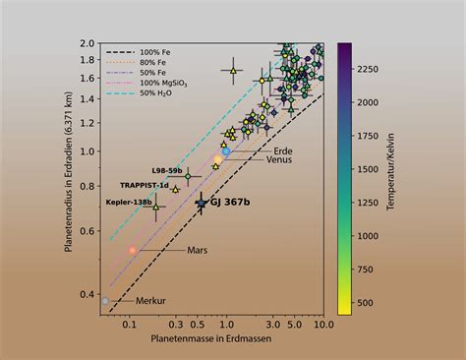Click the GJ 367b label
coord(230,202)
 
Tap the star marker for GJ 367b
coord(202,202)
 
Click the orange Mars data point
coord(133,251)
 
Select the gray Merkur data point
coord(106,300)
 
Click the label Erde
coord(256,150)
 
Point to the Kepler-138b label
coord(130,202)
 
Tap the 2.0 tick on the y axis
coord(87,44)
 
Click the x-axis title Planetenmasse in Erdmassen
coord(211,338)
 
